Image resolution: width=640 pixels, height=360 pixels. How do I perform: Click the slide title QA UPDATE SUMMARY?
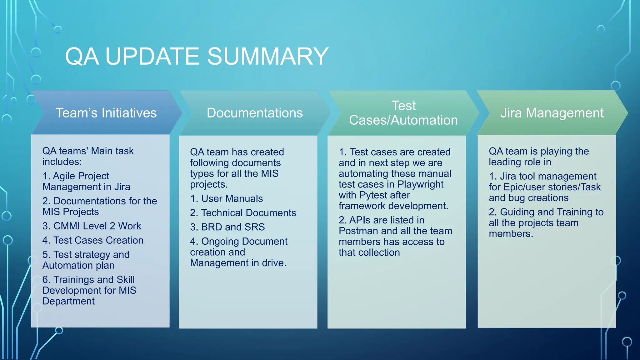[197, 57]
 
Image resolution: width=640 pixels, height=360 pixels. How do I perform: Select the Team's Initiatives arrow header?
[106, 113]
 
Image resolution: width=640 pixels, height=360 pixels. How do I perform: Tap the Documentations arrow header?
[254, 113]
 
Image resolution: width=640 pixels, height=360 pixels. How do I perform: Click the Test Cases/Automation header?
[403, 113]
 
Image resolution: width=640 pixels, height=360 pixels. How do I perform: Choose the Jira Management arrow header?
[552, 113]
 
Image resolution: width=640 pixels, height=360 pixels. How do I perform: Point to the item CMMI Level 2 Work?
[92, 226]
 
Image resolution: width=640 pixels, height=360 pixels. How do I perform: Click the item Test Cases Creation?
[93, 240]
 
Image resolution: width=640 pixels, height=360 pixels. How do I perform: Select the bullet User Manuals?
[227, 198]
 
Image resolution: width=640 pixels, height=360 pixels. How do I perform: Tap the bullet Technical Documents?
[243, 213]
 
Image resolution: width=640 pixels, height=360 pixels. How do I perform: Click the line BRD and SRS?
[227, 227]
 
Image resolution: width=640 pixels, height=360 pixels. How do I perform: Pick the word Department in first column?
[68, 301]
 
